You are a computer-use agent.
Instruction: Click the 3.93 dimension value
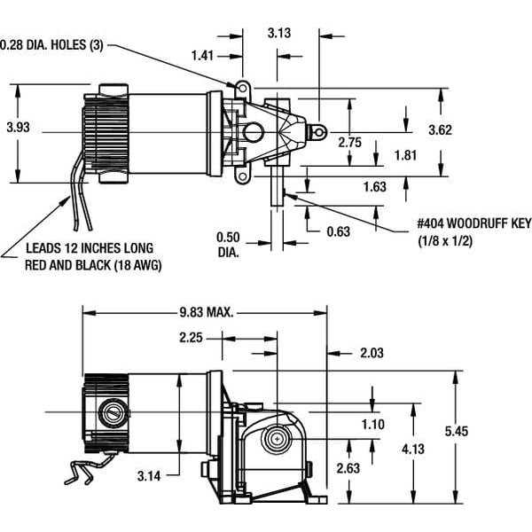(x=18, y=128)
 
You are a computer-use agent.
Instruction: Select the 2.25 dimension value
(x=192, y=337)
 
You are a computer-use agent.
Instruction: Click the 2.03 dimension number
(x=372, y=353)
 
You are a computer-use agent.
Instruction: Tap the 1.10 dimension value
(x=373, y=424)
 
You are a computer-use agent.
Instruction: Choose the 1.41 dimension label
(x=203, y=54)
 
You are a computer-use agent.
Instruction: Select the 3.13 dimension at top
(x=280, y=33)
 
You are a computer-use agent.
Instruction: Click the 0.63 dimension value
(x=338, y=231)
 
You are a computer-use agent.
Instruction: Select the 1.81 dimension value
(x=408, y=155)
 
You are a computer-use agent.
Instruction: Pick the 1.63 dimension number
(x=375, y=186)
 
